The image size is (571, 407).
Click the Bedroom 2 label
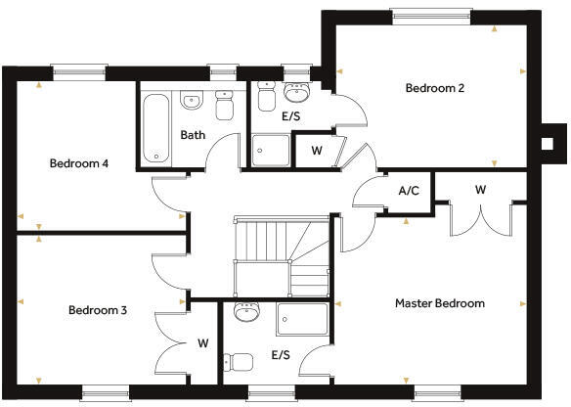(x=434, y=88)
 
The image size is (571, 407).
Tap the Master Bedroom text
(x=439, y=303)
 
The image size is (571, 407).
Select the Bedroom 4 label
(x=78, y=163)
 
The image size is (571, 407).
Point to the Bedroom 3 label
(x=98, y=310)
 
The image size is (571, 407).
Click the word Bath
(x=193, y=135)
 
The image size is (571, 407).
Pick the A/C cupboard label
(x=409, y=191)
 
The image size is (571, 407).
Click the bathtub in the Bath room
(x=155, y=127)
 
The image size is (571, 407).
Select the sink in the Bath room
(x=192, y=99)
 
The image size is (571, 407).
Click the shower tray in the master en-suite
(x=304, y=319)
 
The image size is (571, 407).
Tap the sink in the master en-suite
(x=247, y=313)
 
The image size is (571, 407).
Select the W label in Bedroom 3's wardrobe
(x=203, y=343)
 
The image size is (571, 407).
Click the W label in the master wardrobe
(x=480, y=189)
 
